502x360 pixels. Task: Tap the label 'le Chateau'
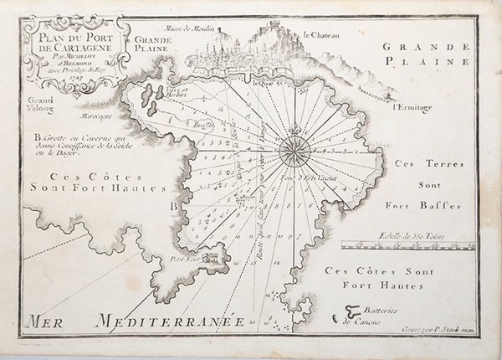click(320, 35)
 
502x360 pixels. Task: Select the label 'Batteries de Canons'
click(359, 312)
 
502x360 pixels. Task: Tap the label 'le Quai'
click(264, 81)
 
